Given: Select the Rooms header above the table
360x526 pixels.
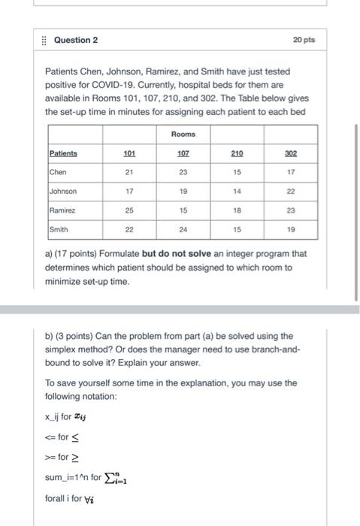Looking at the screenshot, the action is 183,134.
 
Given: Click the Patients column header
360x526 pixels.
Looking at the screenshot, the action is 64,153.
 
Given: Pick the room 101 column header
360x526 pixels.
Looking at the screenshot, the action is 129,153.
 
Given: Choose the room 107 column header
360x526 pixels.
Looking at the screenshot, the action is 183,153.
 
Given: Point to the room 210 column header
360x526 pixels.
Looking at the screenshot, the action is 237,153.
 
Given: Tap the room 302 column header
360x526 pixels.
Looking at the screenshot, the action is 291,153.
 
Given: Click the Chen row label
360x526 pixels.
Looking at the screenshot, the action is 59,172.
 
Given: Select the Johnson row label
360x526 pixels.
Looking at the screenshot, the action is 64,192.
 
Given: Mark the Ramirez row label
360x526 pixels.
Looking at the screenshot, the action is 63,211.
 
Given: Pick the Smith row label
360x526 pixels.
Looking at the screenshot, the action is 59,230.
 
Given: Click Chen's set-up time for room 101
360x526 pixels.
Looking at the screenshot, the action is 129,172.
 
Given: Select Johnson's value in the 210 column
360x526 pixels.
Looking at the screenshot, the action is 237,192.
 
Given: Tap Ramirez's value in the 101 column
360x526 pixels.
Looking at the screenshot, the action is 129,211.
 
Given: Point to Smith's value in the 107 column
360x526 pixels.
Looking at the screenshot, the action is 183,230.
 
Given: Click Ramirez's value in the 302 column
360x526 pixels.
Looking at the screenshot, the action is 291,211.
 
